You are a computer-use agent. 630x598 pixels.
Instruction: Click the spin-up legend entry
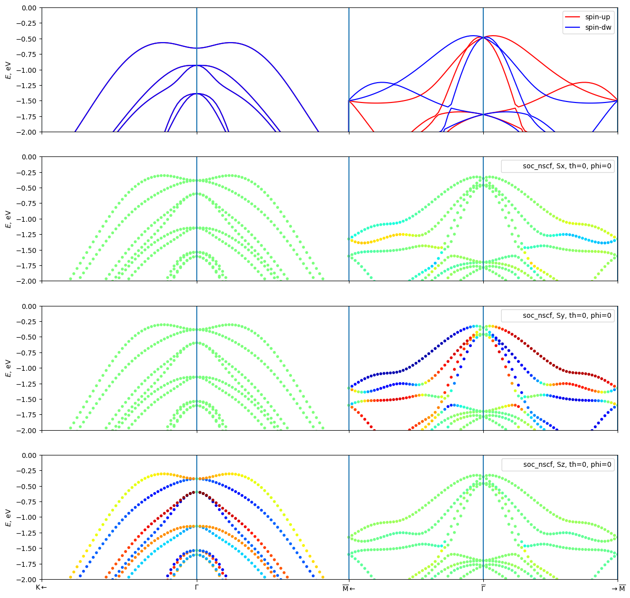[597, 17]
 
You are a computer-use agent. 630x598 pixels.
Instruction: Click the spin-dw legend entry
[597, 28]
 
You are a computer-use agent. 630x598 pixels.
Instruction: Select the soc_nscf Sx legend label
[567, 166]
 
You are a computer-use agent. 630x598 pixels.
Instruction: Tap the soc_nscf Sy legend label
[567, 315]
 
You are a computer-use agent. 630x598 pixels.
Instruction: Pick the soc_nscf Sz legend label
[567, 464]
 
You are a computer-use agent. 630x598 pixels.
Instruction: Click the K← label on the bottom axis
[42, 588]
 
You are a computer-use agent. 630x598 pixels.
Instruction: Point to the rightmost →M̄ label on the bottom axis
[618, 588]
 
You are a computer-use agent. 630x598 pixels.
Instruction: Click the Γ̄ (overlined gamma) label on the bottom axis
[483, 588]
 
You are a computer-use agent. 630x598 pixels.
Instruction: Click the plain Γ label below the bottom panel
[197, 588]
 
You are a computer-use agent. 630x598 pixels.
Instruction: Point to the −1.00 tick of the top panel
[26, 70]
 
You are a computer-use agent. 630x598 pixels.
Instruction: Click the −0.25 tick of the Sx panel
[26, 173]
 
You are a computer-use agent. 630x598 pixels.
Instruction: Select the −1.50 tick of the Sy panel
[26, 399]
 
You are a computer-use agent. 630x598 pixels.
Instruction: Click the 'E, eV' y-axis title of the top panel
[8, 70]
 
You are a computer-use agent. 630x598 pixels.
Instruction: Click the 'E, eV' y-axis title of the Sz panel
[8, 517]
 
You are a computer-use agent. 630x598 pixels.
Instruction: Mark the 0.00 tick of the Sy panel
[28, 306]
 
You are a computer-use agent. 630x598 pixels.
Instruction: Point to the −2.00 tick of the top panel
[26, 132]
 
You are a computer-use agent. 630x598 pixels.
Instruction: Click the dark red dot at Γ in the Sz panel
[197, 492]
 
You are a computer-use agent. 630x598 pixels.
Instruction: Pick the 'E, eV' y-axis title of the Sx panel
[8, 219]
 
